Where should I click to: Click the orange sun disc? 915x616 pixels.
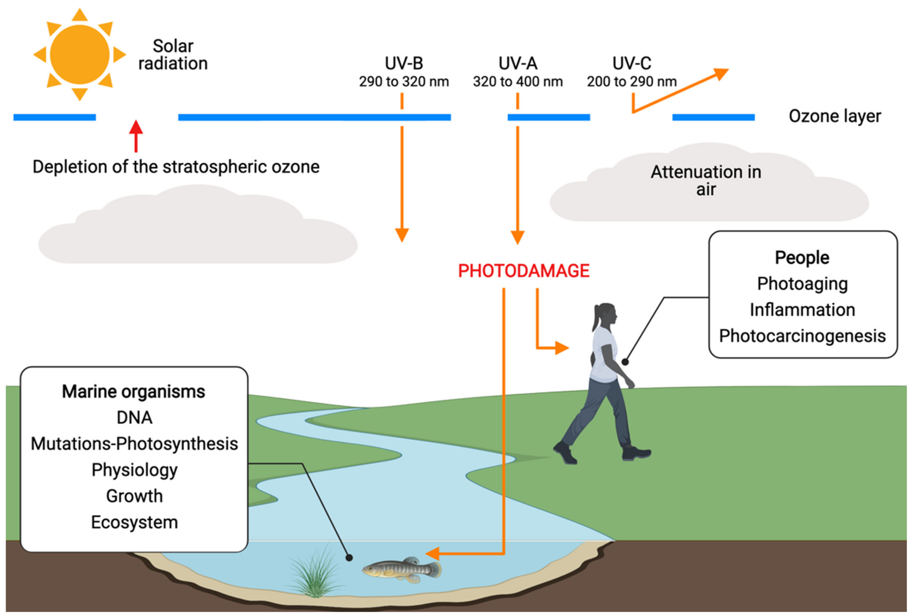pos(80,55)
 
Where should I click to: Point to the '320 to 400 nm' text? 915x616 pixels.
pos(518,82)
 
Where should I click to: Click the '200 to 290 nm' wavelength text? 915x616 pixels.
pos(631,82)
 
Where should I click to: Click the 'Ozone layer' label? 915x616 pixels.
pos(835,116)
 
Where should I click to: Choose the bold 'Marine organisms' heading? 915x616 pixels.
pos(134,392)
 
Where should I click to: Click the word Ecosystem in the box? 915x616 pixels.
pos(134,522)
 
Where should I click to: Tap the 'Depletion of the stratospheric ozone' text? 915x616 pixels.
pos(176,167)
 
